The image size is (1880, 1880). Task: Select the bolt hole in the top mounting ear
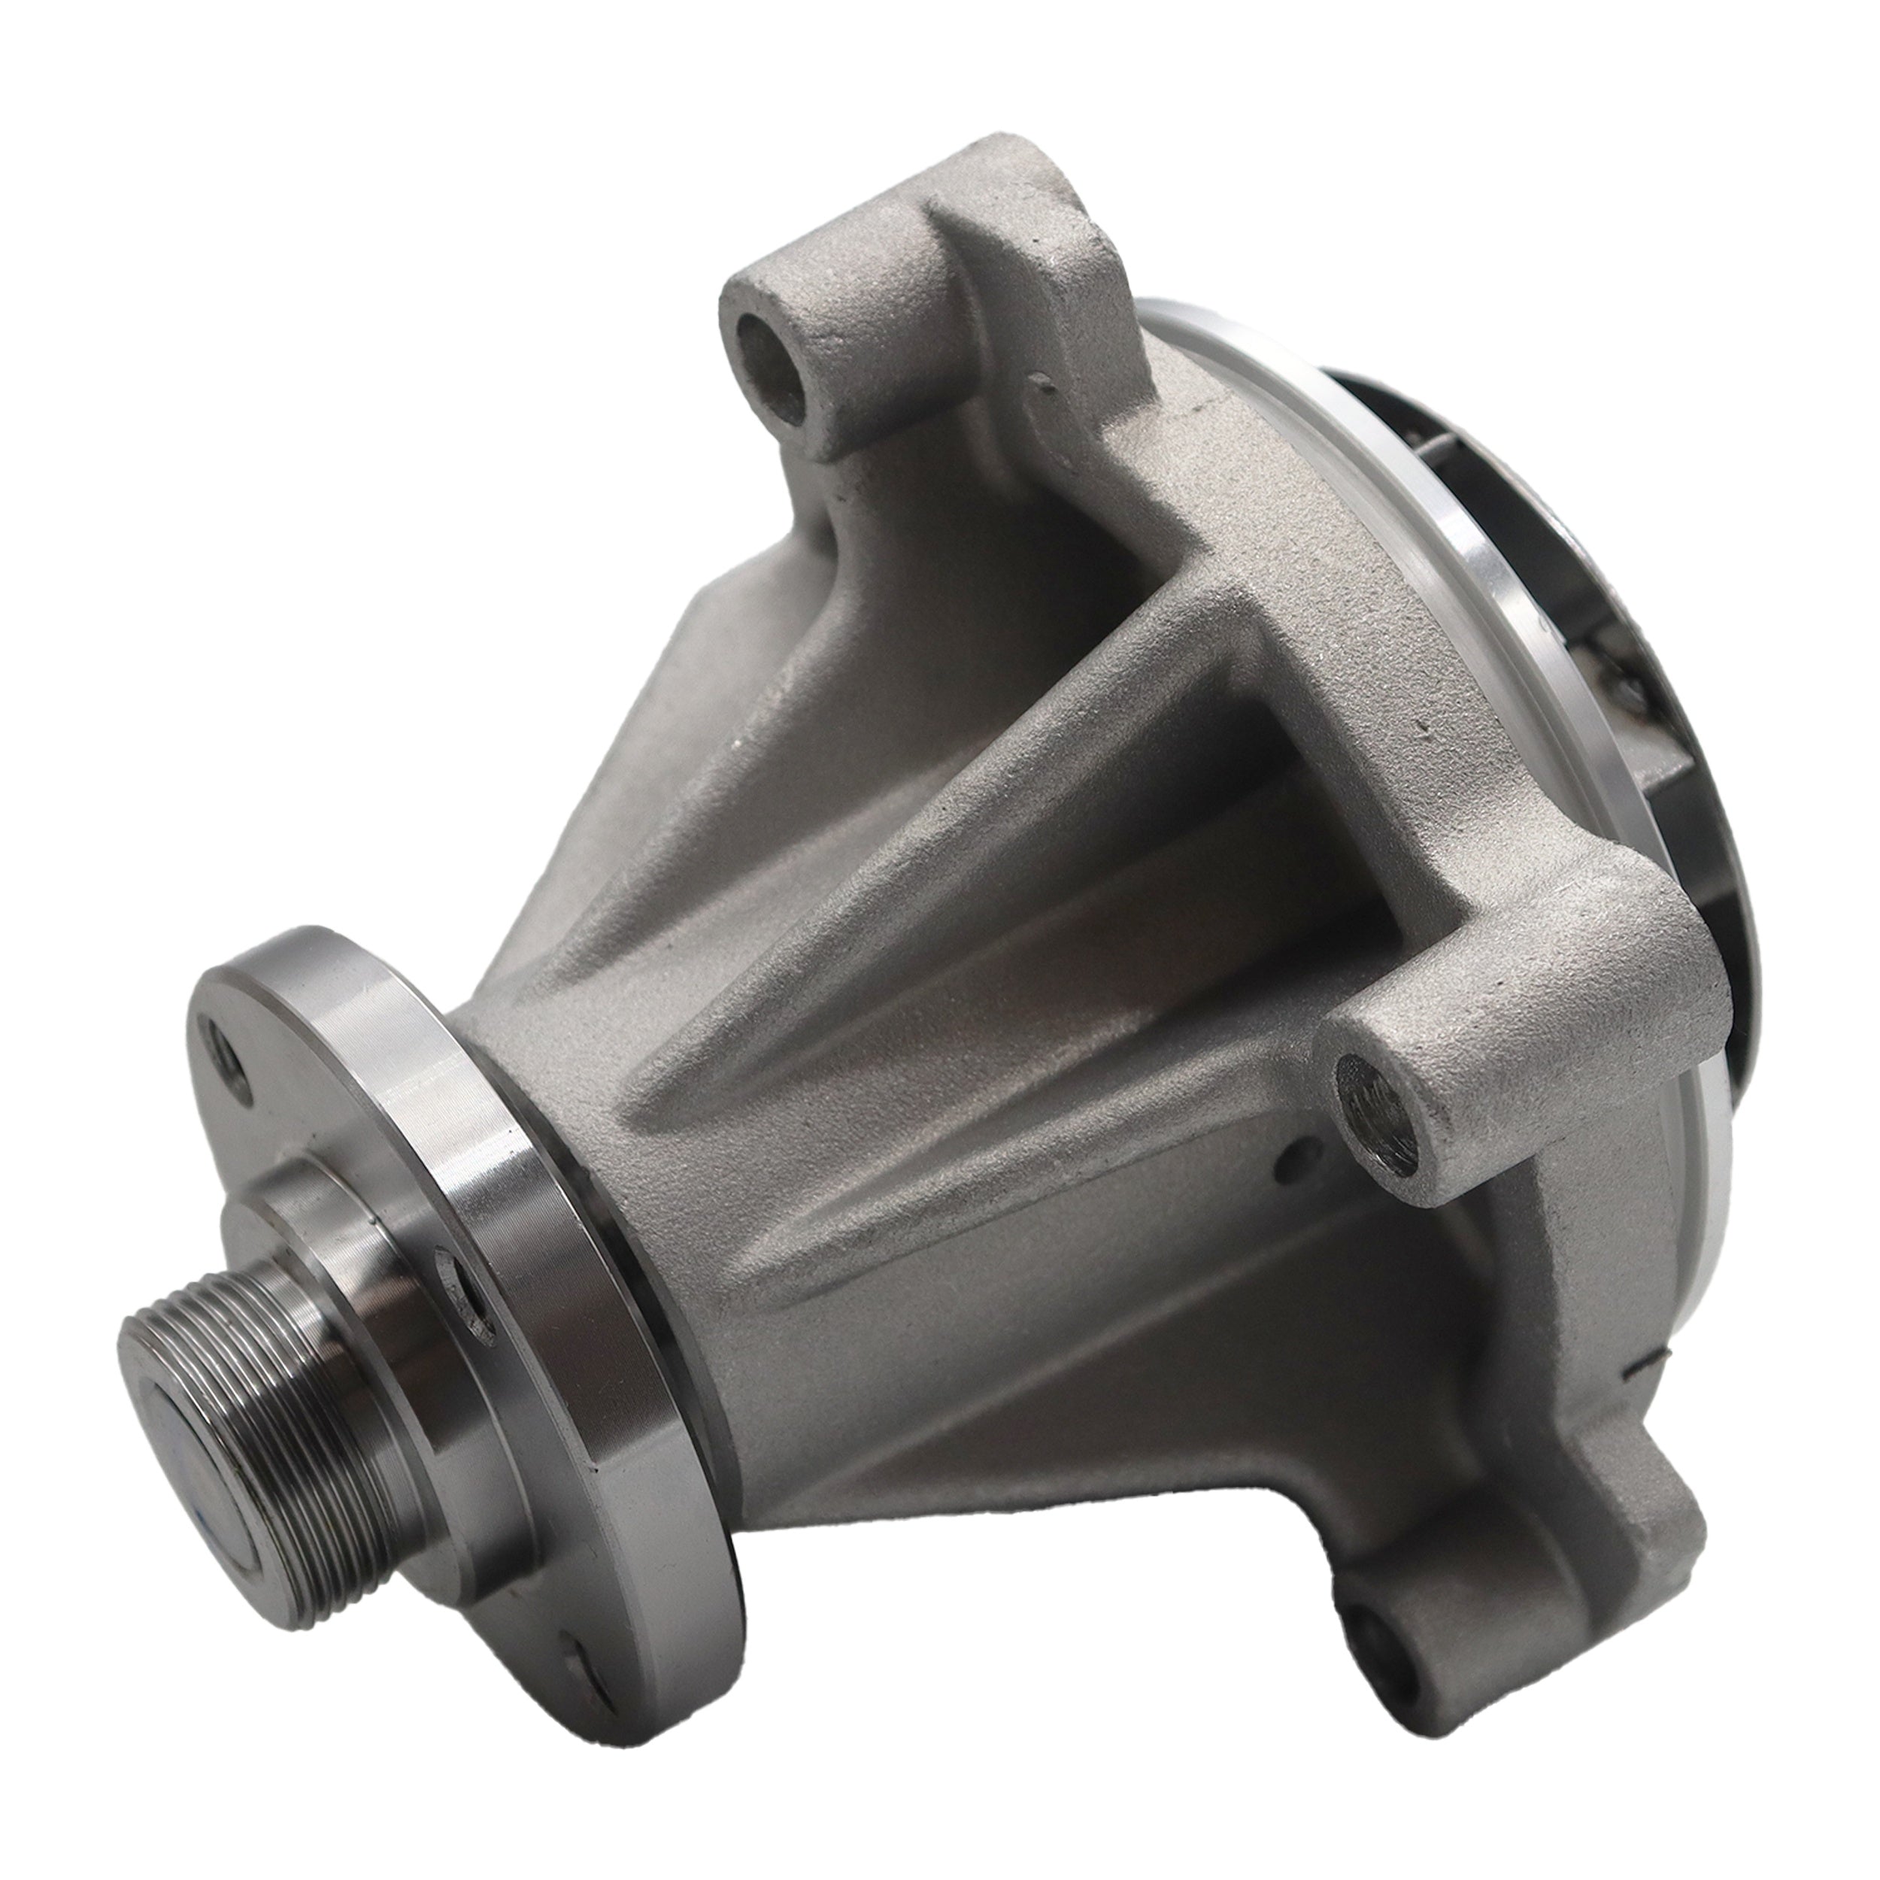click(774, 355)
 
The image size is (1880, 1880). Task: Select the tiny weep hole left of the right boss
click(1291, 1156)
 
